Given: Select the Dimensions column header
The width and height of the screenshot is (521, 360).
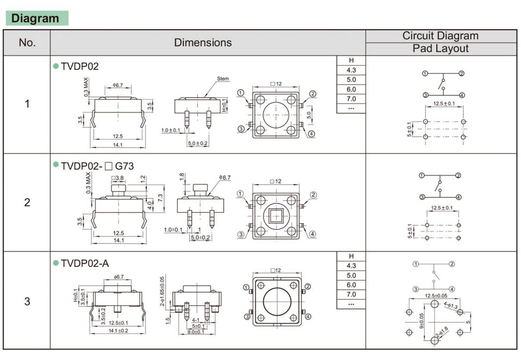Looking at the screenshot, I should click(203, 43).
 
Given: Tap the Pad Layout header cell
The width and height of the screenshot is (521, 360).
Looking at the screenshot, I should click(440, 49).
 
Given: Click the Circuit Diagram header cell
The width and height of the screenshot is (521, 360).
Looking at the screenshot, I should click(440, 36).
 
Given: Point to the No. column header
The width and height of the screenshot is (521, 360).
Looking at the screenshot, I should click(27, 43).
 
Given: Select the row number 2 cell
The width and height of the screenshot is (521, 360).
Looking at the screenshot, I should click(27, 203).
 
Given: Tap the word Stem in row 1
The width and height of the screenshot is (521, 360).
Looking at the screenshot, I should click(223, 79).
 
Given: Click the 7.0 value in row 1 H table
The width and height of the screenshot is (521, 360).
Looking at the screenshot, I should click(351, 99).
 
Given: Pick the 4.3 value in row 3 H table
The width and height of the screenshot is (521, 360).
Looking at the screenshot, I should click(351, 266).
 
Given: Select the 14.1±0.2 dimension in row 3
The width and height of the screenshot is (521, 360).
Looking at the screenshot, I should click(118, 331).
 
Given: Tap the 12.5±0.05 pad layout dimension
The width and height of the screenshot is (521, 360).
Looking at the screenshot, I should click(435, 296).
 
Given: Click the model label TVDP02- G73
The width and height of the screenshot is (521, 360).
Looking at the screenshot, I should click(97, 166).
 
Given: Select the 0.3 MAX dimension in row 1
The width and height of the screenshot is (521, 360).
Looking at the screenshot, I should click(86, 88).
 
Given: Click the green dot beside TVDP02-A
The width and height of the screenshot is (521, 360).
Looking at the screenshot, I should click(55, 263).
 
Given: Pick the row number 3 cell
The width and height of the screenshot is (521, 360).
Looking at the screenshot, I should click(27, 302).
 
